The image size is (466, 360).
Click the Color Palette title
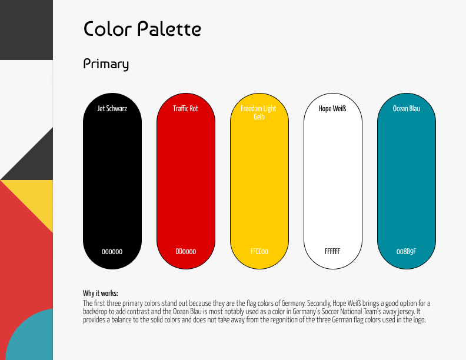coord(142,29)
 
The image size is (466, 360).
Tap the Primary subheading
coord(106,64)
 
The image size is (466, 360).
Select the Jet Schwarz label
coord(112,108)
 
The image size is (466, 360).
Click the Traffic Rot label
coord(185,108)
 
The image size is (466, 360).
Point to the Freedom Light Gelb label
coord(258,112)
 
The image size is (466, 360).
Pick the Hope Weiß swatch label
coord(332,108)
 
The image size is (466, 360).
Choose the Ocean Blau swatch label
coord(406,108)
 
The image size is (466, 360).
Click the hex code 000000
coord(112,252)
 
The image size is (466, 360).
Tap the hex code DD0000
coord(186,252)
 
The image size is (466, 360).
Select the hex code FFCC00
coord(259,252)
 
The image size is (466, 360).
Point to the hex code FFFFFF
coord(332,252)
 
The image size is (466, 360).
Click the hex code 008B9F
coord(406,252)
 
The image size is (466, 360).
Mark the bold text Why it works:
coord(101,293)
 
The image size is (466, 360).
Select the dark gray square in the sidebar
coord(26,29)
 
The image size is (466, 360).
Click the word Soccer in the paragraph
coord(326,312)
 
